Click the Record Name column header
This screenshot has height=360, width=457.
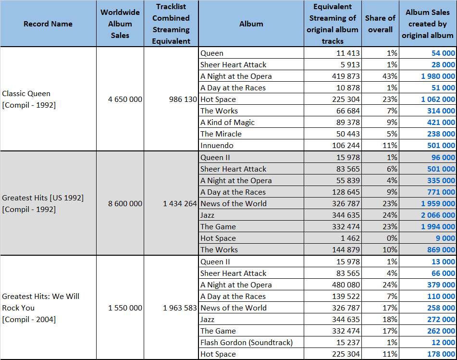(48, 24)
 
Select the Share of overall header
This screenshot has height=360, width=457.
(380, 24)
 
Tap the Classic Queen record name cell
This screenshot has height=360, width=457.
(29, 99)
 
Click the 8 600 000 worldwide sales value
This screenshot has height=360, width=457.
(125, 203)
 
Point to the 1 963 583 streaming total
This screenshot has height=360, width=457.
(180, 308)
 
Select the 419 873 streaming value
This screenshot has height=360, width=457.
(346, 76)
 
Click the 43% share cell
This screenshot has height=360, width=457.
(390, 76)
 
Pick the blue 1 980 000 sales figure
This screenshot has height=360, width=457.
(438, 76)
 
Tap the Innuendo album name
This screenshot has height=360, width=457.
(217, 145)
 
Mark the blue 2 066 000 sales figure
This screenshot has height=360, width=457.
(438, 215)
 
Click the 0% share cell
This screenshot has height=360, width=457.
(392, 238)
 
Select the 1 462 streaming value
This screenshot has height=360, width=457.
(350, 238)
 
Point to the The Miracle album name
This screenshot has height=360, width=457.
(221, 134)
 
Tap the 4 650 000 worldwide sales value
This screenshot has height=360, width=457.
(125, 99)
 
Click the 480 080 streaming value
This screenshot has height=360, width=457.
(346, 285)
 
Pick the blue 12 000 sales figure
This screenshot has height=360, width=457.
(443, 342)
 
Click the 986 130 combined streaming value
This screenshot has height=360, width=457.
(183, 99)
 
